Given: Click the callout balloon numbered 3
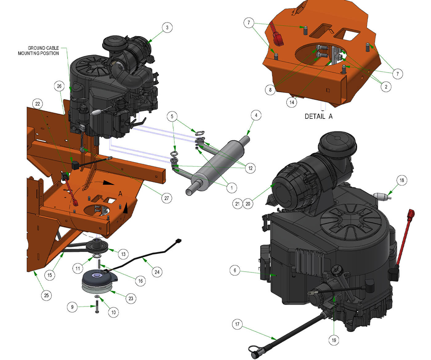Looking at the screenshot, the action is coord(167,27).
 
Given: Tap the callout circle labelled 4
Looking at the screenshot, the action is coord(256,115).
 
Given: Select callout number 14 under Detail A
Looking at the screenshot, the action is coord(292,102).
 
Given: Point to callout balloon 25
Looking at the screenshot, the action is coord(46,295).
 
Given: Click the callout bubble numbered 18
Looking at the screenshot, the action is coord(401,180).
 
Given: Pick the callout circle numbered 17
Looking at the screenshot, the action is coord(237,324).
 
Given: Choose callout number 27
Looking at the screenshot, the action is coord(166,198).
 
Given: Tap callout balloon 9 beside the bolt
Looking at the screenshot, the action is coord(72,307).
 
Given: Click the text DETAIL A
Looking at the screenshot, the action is coord(319,117).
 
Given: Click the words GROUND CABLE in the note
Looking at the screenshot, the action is coord(43,48).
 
